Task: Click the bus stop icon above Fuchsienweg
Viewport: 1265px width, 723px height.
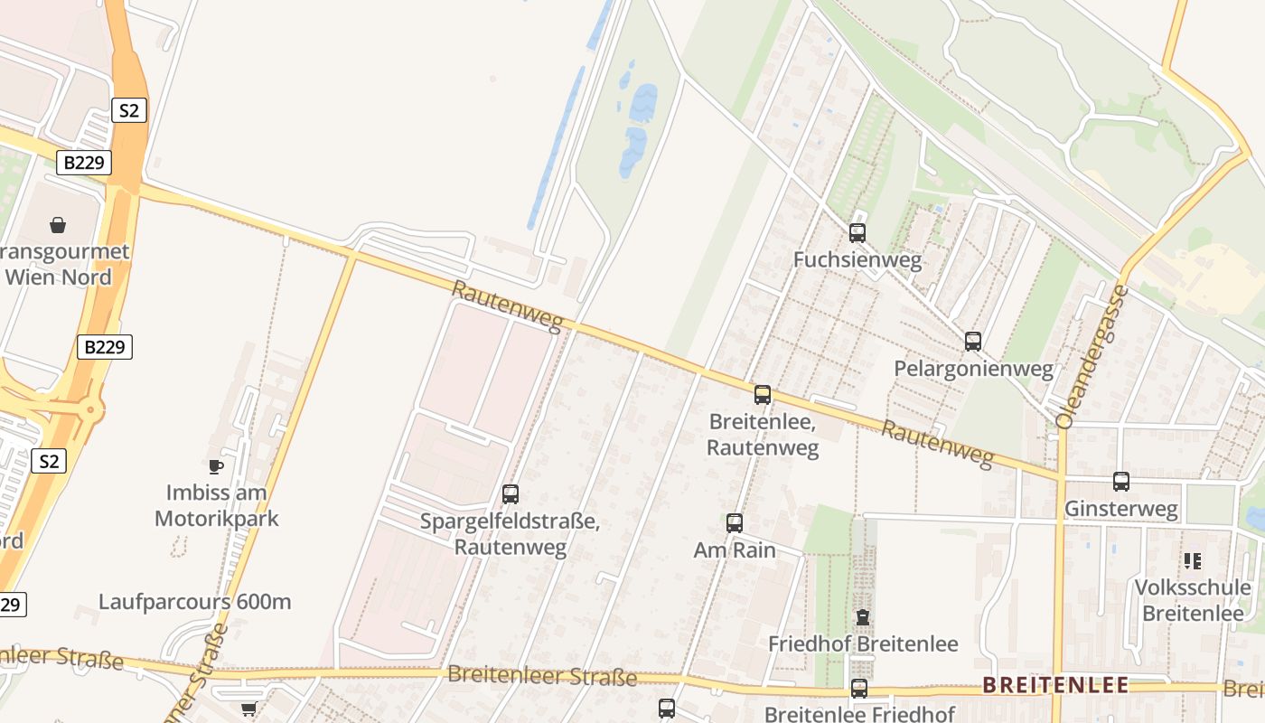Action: click(x=857, y=233)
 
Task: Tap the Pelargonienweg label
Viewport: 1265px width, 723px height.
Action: click(x=973, y=369)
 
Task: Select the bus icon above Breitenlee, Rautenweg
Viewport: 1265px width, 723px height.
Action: click(x=763, y=395)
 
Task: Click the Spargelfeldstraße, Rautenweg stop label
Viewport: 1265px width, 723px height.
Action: click(x=511, y=534)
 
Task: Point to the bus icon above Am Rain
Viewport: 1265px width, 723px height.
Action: click(x=735, y=522)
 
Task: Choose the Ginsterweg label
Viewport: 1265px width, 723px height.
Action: click(x=1121, y=509)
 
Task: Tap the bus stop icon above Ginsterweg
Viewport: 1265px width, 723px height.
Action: click(x=1121, y=482)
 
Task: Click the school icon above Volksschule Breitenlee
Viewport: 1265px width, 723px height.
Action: click(x=1193, y=561)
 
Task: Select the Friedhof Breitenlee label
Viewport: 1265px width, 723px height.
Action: click(x=863, y=644)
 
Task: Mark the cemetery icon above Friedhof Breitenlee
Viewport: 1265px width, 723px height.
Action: click(x=863, y=618)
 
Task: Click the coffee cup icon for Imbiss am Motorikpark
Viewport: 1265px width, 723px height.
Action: click(x=215, y=466)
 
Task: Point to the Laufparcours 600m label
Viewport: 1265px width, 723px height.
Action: click(x=195, y=602)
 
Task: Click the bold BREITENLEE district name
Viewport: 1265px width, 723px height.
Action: click(x=1055, y=685)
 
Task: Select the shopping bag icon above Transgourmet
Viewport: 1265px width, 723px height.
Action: click(x=58, y=224)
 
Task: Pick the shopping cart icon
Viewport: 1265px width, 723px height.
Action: click(x=248, y=709)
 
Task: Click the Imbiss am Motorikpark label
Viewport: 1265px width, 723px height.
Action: click(x=217, y=506)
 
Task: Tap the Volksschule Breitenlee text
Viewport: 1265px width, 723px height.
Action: click(x=1193, y=600)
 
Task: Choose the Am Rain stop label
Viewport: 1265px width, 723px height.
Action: click(x=735, y=549)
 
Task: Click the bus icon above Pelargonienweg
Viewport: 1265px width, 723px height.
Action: click(x=973, y=342)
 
